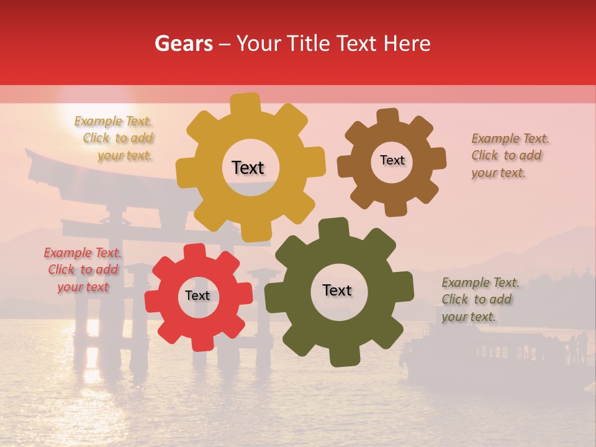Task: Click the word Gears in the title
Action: coord(183,44)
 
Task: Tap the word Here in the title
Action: coord(407,43)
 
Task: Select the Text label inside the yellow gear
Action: coord(248,168)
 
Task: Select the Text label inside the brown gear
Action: coord(392,160)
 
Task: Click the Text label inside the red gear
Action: coord(197,296)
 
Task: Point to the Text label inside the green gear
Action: coord(337,290)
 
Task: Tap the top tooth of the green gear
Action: coord(334,228)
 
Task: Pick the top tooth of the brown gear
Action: coord(388,116)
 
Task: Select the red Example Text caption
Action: coord(83,269)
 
